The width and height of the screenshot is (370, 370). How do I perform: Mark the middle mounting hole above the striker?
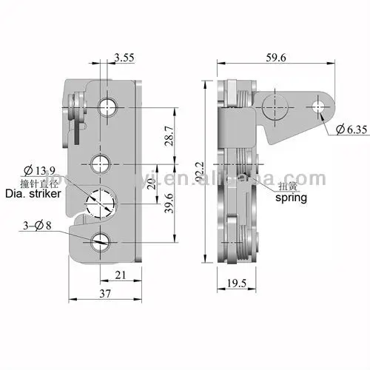pos(100,162)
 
